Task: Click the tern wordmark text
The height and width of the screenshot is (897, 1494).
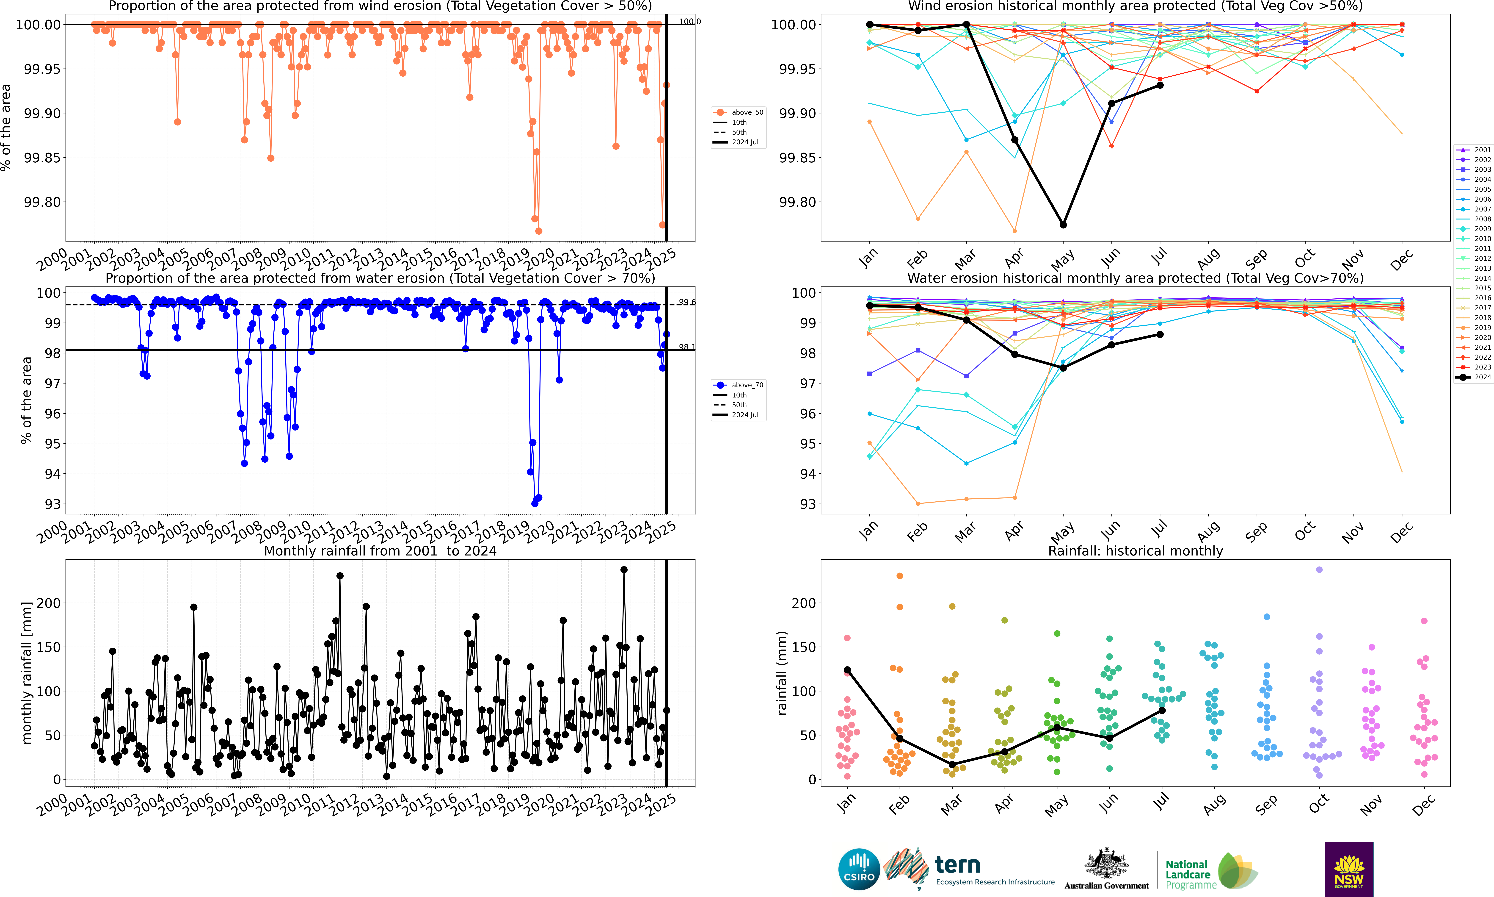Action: tap(958, 865)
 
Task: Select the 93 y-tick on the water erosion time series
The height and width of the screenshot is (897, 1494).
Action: tap(52, 504)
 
